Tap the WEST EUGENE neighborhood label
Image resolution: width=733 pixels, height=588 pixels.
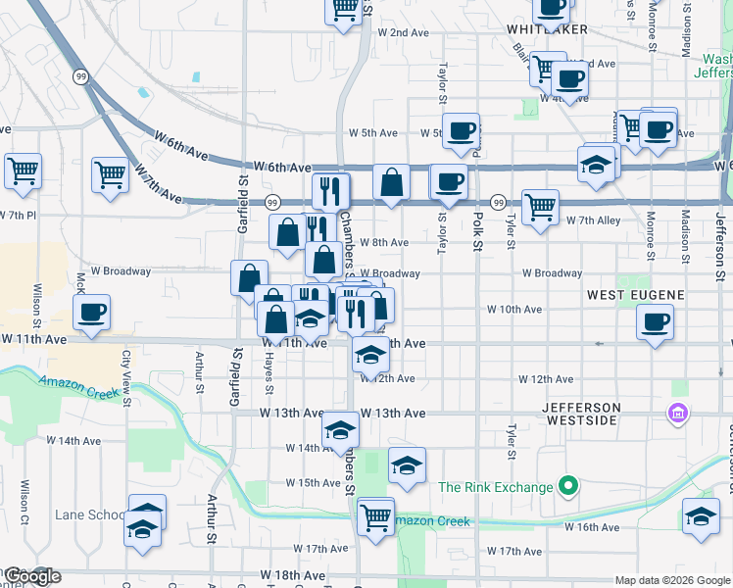pyautogui.click(x=634, y=294)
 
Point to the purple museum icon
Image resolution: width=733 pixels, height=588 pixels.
pyautogui.click(x=676, y=415)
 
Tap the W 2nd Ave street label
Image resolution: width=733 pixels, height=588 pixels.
pyautogui.click(x=404, y=32)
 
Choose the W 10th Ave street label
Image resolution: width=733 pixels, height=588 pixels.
pyautogui.click(x=515, y=310)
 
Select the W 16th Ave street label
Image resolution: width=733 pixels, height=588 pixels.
pyautogui.click(x=593, y=527)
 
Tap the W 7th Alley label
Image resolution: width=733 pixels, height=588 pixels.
pyautogui.click(x=594, y=220)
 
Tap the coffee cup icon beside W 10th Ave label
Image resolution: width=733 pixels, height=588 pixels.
pyautogui.click(x=655, y=320)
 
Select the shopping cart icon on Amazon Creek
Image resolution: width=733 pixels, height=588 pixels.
pyautogui.click(x=375, y=515)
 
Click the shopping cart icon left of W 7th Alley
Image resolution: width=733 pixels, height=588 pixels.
pyautogui.click(x=540, y=207)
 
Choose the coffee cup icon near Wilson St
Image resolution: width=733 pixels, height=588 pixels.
pyautogui.click(x=92, y=314)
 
